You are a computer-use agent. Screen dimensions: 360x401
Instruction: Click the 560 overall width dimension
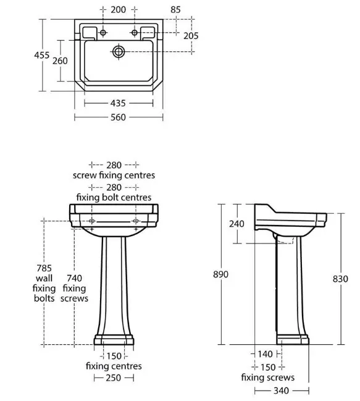(x=118, y=117)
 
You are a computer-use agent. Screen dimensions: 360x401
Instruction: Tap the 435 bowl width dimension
(x=118, y=103)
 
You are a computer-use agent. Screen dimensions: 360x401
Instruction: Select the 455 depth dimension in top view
(x=42, y=55)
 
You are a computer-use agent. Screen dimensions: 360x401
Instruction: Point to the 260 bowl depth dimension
(x=60, y=61)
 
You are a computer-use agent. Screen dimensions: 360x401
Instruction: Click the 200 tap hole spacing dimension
(x=119, y=10)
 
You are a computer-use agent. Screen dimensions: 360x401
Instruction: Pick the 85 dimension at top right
(x=175, y=10)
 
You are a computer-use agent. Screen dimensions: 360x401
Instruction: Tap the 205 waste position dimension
(x=191, y=36)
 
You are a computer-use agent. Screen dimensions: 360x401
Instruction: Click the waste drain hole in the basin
(x=119, y=52)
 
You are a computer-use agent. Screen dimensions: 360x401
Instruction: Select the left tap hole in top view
(x=103, y=33)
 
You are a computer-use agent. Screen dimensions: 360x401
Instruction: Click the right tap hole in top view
(x=135, y=33)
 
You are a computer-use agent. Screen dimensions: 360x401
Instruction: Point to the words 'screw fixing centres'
(x=114, y=175)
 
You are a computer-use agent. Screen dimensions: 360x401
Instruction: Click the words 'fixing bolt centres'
(x=114, y=198)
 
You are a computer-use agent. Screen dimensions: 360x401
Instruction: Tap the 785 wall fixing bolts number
(x=44, y=268)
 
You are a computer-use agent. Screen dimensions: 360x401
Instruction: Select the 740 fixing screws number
(x=74, y=278)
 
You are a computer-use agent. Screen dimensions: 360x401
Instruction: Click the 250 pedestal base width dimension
(x=114, y=378)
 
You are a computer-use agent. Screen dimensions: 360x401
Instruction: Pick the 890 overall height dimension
(x=220, y=274)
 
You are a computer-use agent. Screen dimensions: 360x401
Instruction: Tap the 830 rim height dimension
(x=340, y=279)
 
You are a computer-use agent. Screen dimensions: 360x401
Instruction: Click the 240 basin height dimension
(x=237, y=224)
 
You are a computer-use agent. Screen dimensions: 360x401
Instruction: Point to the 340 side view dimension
(x=282, y=390)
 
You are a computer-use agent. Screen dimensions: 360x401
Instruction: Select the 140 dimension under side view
(x=265, y=354)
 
